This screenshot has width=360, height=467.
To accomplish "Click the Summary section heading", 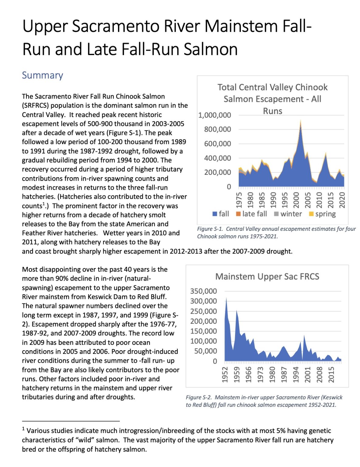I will tap(42, 75).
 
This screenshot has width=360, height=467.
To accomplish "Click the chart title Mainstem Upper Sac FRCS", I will tap(267, 276).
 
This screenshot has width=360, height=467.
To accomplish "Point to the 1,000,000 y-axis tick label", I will tap(214, 115).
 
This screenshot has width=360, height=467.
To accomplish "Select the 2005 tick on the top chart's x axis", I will tap(308, 200).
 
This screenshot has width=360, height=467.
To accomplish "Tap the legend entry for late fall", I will tap(251, 214).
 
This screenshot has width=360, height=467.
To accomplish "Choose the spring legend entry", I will tap(322, 214).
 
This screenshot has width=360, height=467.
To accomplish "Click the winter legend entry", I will tap(288, 214).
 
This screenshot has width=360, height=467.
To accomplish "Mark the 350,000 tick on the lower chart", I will tap(203, 291).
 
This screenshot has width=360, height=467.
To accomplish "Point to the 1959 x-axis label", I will tap(237, 374).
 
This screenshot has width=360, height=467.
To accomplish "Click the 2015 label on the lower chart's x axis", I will tap(331, 374).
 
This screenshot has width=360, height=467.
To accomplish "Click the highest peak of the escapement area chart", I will tap(300, 121).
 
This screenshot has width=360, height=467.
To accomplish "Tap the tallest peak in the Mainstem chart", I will tap(226, 299).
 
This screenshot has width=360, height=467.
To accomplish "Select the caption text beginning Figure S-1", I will tap(276, 233).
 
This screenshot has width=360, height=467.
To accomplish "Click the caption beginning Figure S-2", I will tap(264, 401).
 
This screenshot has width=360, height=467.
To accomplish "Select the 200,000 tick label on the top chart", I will tap(217, 172).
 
